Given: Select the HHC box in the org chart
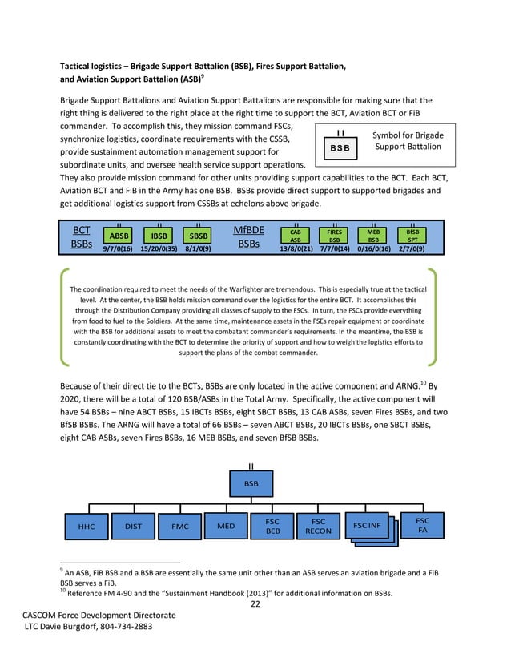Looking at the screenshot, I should [87, 527].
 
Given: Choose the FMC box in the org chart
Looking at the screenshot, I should [179, 527].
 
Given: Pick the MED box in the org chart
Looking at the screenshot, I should [226, 526].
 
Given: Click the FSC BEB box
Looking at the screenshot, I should [272, 526].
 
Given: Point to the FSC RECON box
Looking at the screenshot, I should [318, 526].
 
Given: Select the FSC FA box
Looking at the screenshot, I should [422, 525].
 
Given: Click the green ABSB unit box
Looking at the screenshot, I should [119, 236].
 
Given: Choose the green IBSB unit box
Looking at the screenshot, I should [159, 236].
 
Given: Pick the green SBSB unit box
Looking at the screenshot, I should [198, 236].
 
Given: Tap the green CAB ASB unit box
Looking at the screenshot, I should [296, 234].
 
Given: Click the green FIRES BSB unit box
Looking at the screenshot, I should [335, 234].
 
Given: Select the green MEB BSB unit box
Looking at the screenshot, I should [373, 234].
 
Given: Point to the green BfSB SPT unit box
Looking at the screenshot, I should [412, 234].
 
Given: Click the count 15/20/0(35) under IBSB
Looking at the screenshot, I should [159, 248].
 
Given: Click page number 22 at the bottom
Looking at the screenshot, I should [255, 603].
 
